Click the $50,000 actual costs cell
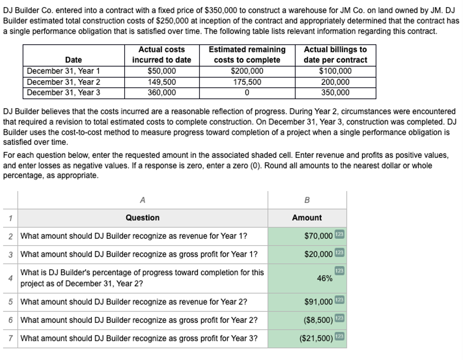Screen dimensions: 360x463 point(161,71)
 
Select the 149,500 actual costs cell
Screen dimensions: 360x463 point(161,82)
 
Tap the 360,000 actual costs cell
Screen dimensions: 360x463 point(161,92)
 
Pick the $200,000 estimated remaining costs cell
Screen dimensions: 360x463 point(247,71)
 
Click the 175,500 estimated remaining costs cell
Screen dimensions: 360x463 point(247,82)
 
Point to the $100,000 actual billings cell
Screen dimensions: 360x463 point(335,71)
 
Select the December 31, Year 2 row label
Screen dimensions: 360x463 point(64,82)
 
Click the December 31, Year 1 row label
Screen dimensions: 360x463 point(64,71)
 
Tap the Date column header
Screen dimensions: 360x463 point(74,60)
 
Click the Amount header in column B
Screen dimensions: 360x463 point(307,218)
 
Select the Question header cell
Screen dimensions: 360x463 point(143,218)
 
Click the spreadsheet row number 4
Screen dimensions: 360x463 point(10,279)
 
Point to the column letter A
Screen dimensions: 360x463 point(143,201)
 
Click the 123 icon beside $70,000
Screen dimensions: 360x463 point(339,236)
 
